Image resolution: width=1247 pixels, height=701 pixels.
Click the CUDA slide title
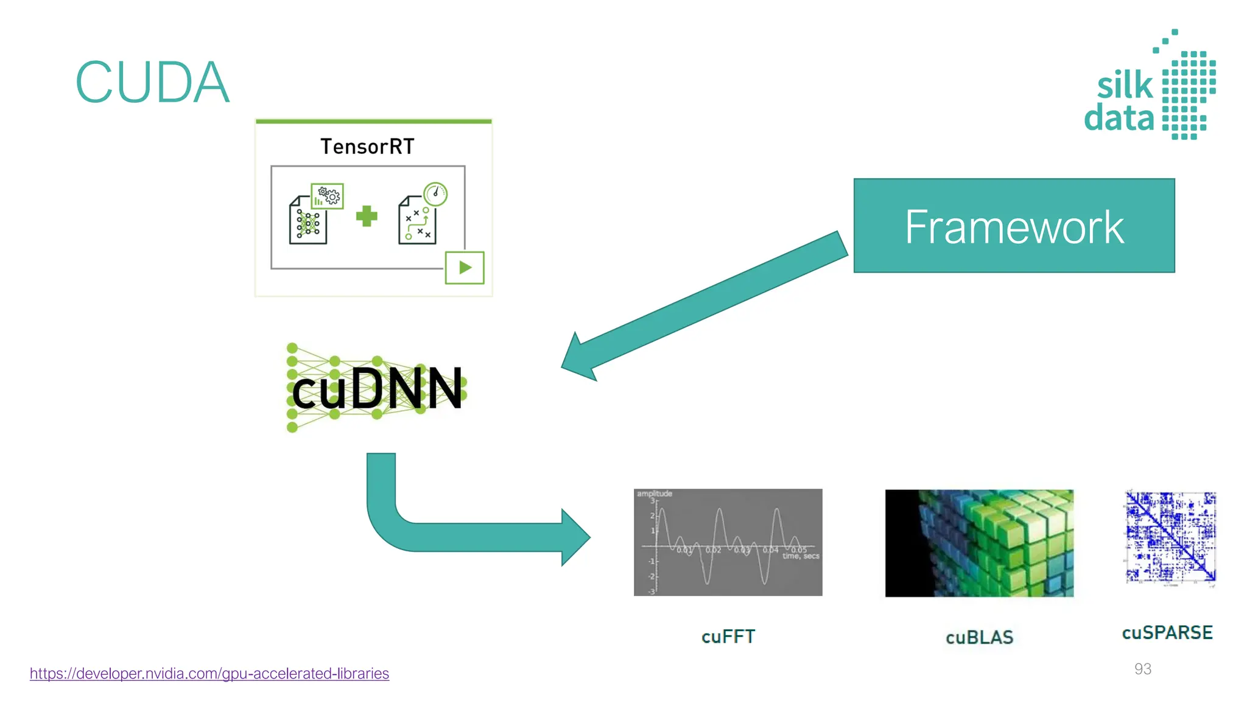pyautogui.click(x=152, y=83)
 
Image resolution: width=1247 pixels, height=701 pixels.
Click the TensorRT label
pyautogui.click(x=367, y=147)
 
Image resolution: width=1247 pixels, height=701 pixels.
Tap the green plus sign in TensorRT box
pyautogui.click(x=367, y=216)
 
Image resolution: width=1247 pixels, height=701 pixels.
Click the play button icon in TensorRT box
pyautogui.click(x=465, y=267)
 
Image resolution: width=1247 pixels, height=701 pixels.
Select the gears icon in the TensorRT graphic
pyautogui.click(x=328, y=195)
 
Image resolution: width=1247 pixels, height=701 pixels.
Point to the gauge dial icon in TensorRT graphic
pyautogui.click(x=435, y=194)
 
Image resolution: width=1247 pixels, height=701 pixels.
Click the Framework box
pyautogui.click(x=1014, y=226)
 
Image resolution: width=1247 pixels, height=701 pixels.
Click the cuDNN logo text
pyautogui.click(x=378, y=389)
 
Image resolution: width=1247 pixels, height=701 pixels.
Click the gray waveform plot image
pyautogui.click(x=728, y=542)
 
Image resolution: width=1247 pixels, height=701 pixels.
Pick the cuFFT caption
pyautogui.click(x=728, y=636)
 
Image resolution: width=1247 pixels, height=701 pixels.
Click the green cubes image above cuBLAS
pyautogui.click(x=979, y=543)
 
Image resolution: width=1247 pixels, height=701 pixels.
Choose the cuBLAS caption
pyautogui.click(x=979, y=637)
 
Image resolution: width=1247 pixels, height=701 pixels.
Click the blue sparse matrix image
pyautogui.click(x=1170, y=537)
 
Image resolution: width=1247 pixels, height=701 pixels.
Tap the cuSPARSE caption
pyautogui.click(x=1167, y=633)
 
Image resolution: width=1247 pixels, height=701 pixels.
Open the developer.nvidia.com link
pyautogui.click(x=209, y=674)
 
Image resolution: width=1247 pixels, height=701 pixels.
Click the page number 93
pyautogui.click(x=1142, y=669)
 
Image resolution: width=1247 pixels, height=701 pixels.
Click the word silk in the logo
pyautogui.click(x=1125, y=85)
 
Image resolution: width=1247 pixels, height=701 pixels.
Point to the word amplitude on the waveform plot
pyautogui.click(x=655, y=493)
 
